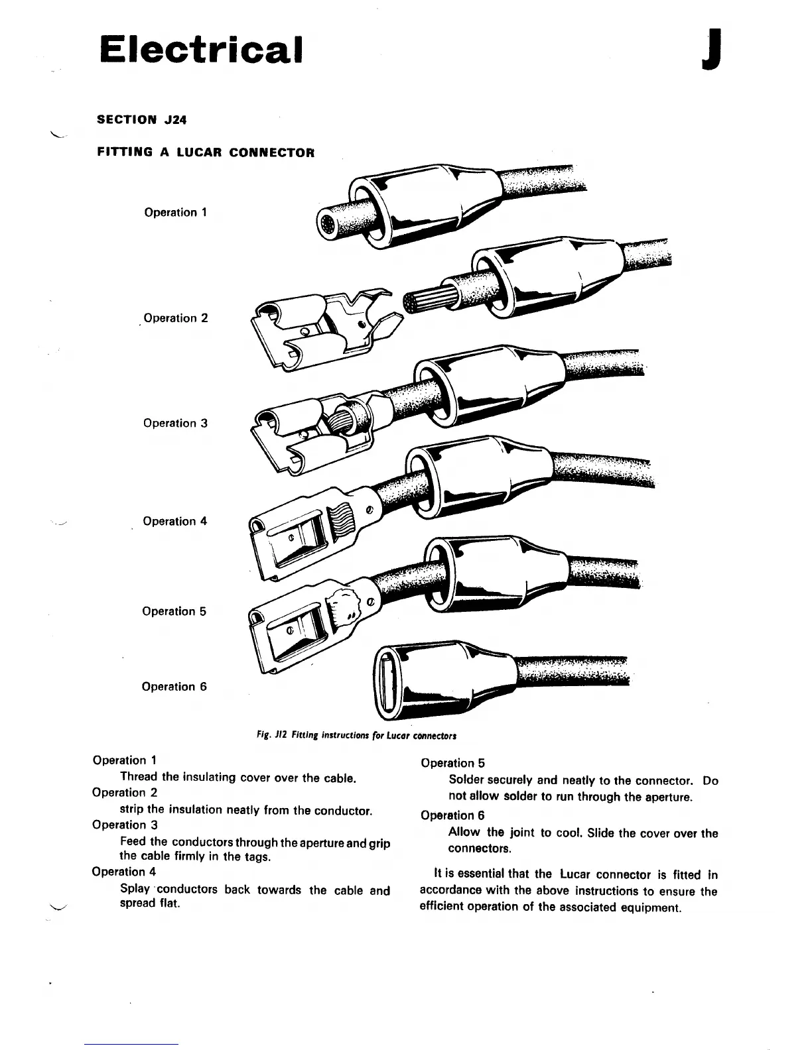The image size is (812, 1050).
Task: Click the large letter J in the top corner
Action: click(x=710, y=50)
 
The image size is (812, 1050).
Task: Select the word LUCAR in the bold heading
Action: click(x=194, y=152)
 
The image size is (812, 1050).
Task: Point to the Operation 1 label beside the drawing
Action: click(x=176, y=213)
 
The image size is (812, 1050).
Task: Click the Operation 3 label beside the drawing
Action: click(x=175, y=423)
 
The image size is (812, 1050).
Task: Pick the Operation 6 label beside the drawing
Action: click(x=174, y=687)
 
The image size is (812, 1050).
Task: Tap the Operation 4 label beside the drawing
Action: click(x=174, y=522)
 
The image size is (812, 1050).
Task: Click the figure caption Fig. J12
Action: click(x=356, y=736)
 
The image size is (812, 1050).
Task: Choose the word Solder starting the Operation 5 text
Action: click(x=466, y=781)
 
